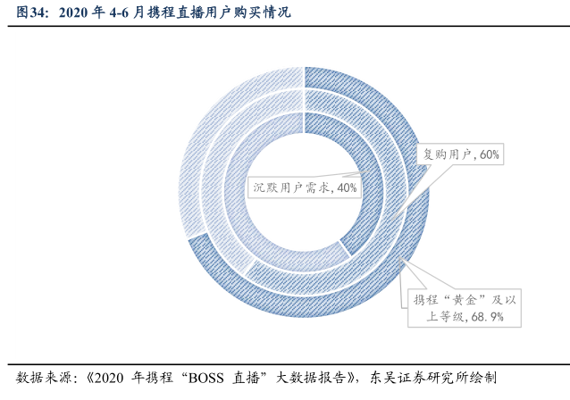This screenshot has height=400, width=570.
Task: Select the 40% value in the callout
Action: pyautogui.click(x=347, y=187)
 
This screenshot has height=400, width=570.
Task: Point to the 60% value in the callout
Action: pyautogui.click(x=490, y=154)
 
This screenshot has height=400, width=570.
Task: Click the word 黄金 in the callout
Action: pyautogui.click(x=464, y=297)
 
